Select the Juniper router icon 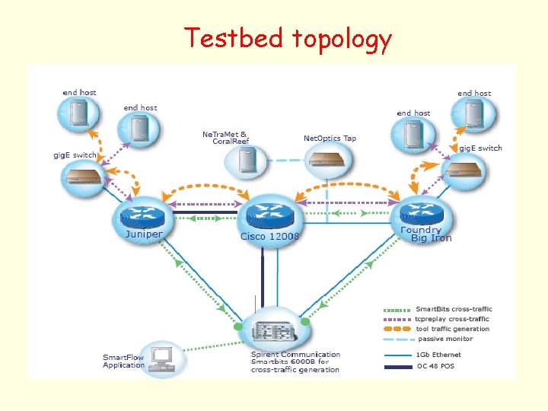[143, 212]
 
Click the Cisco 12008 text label [270, 237]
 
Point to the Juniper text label [143, 234]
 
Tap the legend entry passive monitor [444, 339]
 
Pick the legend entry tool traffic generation [453, 329]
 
